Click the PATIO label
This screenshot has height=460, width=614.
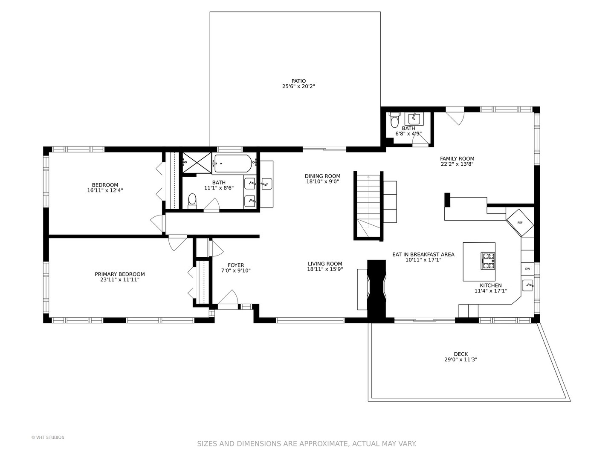click(298, 81)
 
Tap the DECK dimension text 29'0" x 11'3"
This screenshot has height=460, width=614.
click(460, 359)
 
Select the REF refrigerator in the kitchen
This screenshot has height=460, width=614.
click(520, 223)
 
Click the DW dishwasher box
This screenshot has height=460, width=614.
click(527, 269)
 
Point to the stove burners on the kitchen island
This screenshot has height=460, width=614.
click(488, 261)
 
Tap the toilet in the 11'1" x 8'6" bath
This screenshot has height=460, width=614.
click(192, 201)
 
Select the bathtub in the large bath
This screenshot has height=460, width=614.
click(232, 164)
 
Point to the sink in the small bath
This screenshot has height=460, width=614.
click(414, 119)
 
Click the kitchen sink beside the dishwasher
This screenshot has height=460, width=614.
click(528, 285)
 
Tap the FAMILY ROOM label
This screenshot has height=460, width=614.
click(457, 158)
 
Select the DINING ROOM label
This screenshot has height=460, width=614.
click(322, 176)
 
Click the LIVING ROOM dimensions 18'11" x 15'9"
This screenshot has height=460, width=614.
click(325, 269)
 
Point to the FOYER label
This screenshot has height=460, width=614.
click(236, 265)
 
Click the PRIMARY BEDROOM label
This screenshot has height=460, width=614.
click(120, 274)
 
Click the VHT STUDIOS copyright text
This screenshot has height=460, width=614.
click(48, 438)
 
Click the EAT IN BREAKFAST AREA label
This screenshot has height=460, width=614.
click(423, 254)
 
